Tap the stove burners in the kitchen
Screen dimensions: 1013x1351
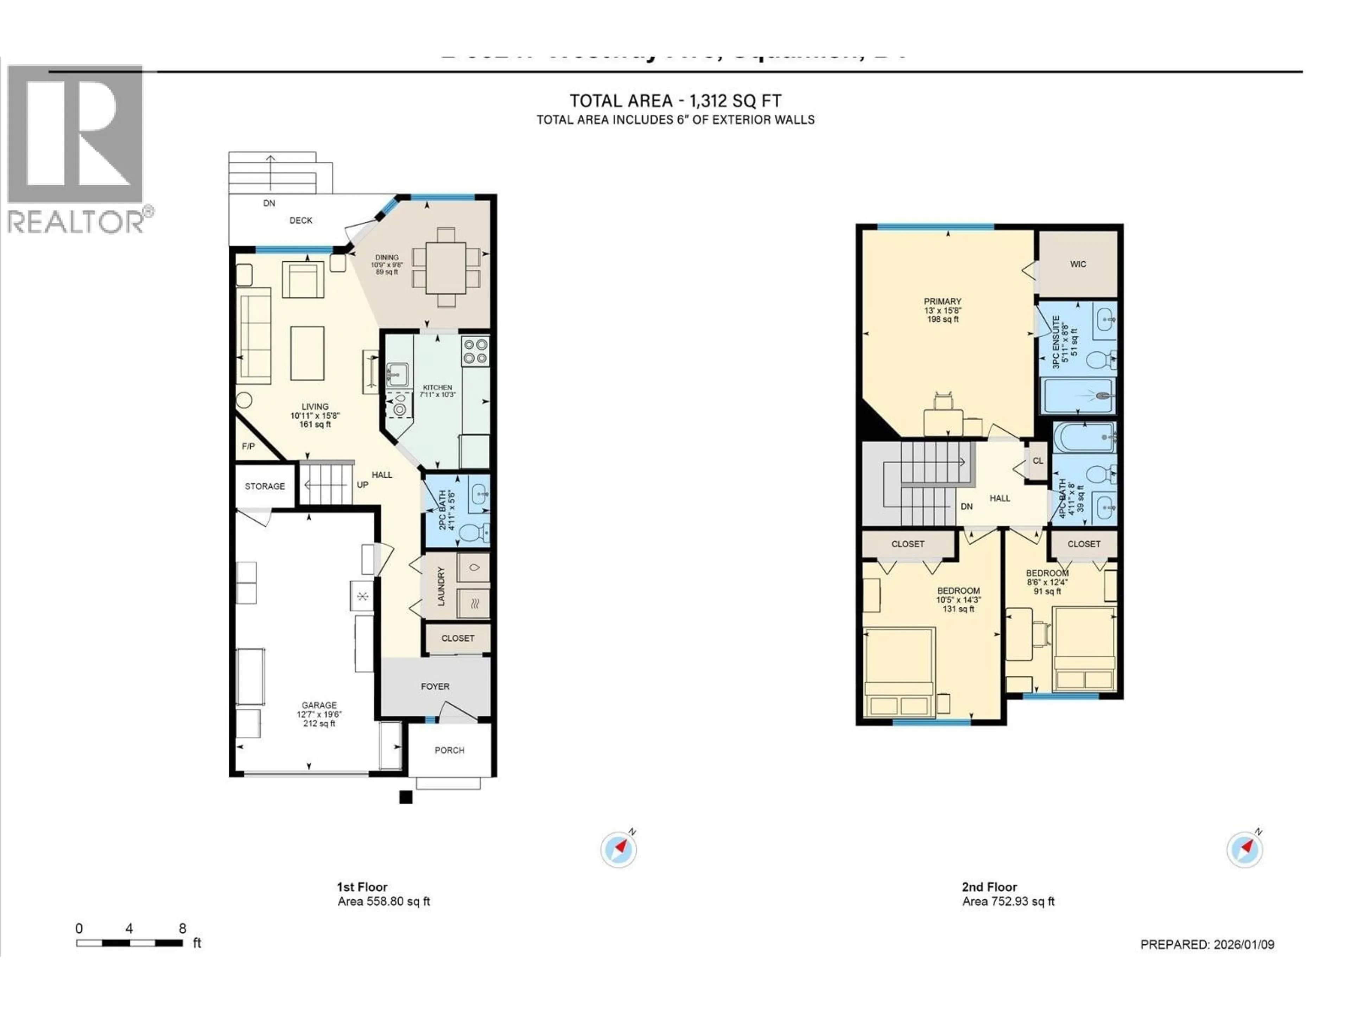click(x=475, y=351)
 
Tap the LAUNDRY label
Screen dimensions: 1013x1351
click(x=441, y=586)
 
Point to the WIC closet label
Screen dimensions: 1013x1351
click(x=1078, y=265)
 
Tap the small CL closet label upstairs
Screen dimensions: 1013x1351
click(x=1038, y=461)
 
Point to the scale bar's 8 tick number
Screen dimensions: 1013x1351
click(x=182, y=929)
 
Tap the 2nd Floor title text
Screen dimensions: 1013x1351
click(x=989, y=887)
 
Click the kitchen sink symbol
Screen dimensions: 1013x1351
click(x=398, y=372)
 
